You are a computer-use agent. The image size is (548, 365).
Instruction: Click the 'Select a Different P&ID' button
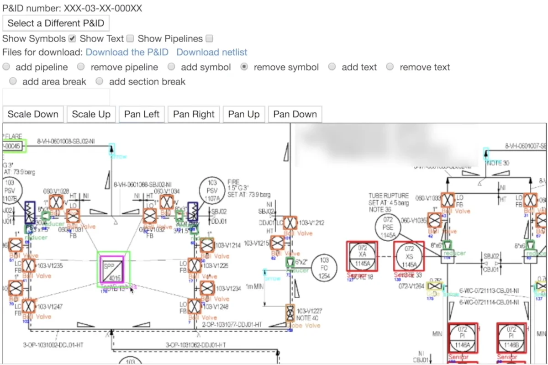click(56, 23)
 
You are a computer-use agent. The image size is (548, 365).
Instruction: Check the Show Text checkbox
click(130, 38)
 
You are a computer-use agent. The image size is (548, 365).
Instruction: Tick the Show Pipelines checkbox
click(209, 38)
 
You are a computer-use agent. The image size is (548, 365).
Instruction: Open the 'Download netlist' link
click(212, 52)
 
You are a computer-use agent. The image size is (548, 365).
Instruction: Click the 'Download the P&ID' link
click(127, 52)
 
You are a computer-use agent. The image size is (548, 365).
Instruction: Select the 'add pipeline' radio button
click(6, 67)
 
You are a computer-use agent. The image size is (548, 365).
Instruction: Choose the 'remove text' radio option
click(390, 67)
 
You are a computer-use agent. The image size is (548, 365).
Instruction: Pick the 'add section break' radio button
click(100, 81)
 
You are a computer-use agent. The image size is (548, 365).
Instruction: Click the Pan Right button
click(194, 114)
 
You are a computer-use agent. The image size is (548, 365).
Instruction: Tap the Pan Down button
click(295, 114)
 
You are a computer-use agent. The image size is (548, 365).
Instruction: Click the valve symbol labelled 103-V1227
click(290, 313)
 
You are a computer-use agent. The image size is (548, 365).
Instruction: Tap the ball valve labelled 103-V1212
click(290, 223)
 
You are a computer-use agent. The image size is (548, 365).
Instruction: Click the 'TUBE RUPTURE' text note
click(389, 196)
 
